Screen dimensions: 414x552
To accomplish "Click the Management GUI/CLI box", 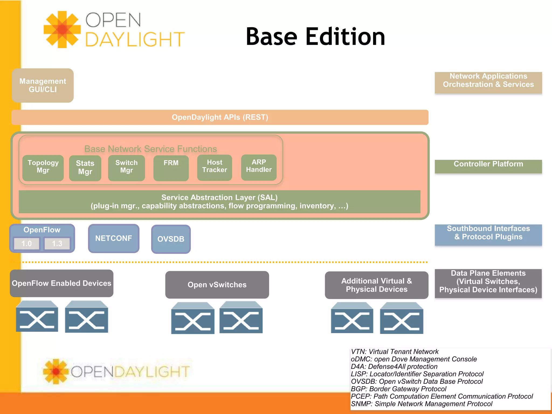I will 43,85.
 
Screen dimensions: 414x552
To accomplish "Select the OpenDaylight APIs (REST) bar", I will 220,117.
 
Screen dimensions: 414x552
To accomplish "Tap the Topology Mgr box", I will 43,168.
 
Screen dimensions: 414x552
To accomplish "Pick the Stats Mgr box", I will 85,168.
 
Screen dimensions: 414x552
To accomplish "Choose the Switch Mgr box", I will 126,168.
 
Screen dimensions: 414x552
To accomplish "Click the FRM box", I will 171,168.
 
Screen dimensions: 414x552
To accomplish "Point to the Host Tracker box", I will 215,167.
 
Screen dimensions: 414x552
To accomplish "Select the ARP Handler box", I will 259,167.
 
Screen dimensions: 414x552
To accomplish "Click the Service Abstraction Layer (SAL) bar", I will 219,202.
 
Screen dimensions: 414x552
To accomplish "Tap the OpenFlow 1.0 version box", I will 27,244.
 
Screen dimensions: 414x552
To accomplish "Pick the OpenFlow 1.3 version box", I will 57,244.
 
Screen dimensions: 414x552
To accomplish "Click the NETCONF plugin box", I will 113,238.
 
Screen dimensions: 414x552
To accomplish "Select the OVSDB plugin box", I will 171,239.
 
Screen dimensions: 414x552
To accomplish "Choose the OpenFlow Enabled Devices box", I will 61,283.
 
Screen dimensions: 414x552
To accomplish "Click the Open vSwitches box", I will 217,285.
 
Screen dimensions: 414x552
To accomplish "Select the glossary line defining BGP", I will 398,389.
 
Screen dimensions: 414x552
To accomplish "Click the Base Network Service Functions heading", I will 150,149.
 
